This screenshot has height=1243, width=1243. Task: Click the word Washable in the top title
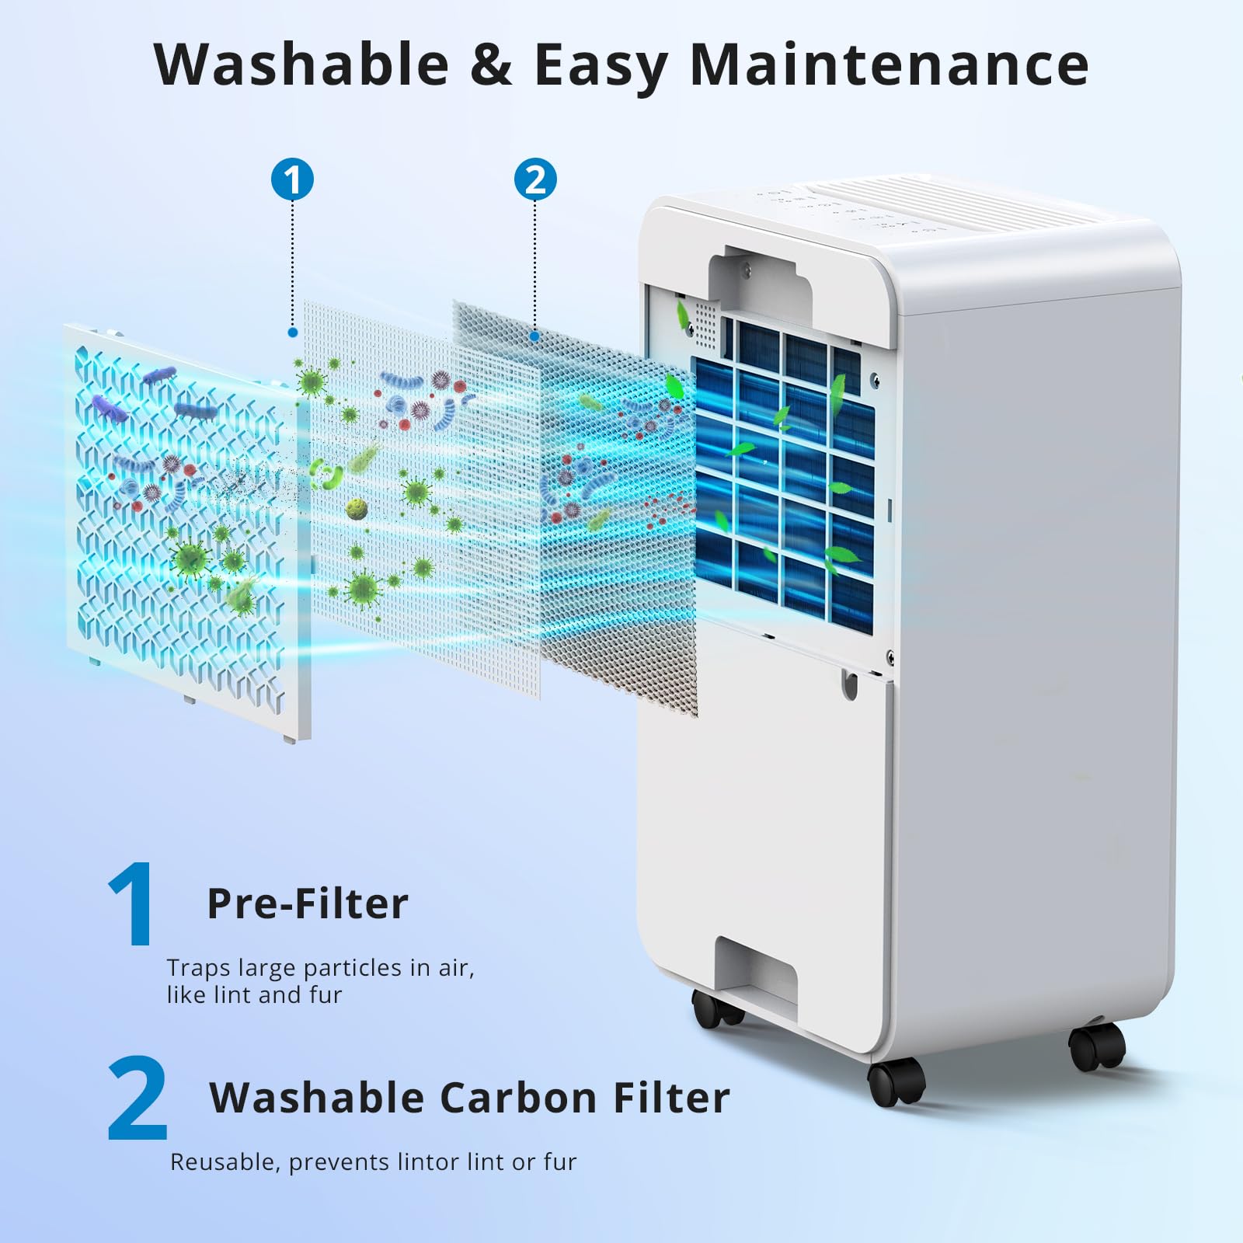[x=301, y=64]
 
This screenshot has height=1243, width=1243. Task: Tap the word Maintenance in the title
[x=889, y=64]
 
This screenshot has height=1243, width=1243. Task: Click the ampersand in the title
[x=492, y=64]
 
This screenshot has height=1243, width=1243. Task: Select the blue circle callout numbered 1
[x=292, y=179]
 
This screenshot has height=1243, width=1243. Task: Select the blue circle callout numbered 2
[x=535, y=179]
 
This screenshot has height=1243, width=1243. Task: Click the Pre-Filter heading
[x=308, y=904]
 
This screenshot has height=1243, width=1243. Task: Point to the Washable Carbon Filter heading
[x=469, y=1098]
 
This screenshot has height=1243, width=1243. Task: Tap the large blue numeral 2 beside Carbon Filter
[x=138, y=1097]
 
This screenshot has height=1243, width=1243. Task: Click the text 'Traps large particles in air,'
[x=320, y=968]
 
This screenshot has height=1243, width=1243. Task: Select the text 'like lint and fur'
[x=254, y=995]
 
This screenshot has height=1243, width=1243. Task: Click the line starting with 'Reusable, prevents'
[x=373, y=1162]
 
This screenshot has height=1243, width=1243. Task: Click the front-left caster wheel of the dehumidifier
[x=896, y=1081]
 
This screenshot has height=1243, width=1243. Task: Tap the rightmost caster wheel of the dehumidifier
[x=1097, y=1046]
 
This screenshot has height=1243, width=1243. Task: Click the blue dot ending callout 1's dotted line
[x=292, y=332]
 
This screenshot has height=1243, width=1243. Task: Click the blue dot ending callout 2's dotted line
[x=534, y=336]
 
